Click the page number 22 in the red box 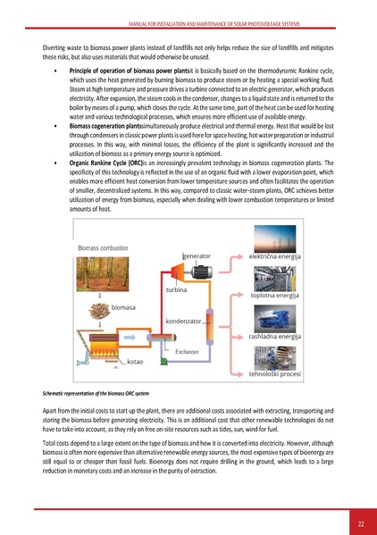click(360, 522)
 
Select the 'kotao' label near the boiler click(136, 362)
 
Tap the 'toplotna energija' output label click(274, 296)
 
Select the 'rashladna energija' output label click(274, 337)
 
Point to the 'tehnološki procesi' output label click(274, 374)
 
